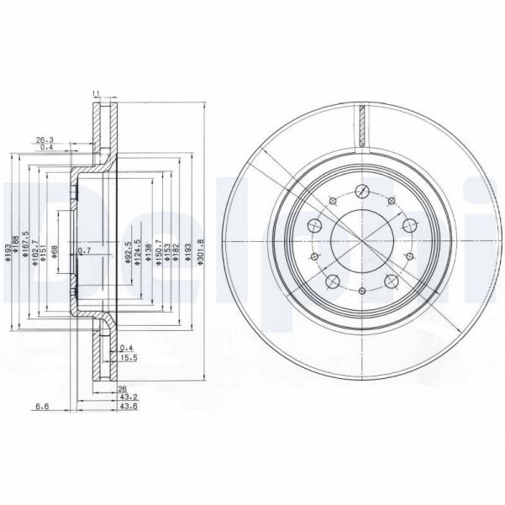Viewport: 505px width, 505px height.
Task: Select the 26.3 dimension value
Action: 45,140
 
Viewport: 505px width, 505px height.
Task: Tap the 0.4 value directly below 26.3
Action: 46,149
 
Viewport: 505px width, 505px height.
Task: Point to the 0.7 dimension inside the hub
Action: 83,250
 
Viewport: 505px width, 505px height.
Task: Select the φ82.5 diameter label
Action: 128,253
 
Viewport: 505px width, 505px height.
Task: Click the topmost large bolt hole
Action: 361,190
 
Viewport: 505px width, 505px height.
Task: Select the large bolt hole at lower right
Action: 392,281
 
